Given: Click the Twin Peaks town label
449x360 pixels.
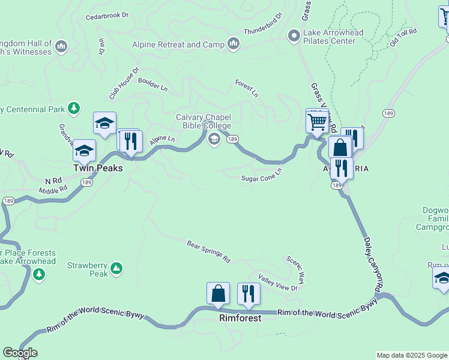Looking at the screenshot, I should (x=98, y=169).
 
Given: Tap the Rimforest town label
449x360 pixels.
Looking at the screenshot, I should (x=240, y=318).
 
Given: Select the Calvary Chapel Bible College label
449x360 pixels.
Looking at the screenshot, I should (x=203, y=121).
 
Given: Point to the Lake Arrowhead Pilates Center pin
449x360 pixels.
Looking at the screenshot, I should (x=294, y=37).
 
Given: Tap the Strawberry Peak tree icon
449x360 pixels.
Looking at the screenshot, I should (x=117, y=268).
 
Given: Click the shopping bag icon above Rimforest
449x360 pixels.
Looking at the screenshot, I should (x=218, y=293).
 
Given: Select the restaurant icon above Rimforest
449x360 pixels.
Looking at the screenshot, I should (x=249, y=293).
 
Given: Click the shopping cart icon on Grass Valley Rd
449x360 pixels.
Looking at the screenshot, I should (x=316, y=122).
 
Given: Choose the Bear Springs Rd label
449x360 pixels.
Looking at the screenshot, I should (x=208, y=251).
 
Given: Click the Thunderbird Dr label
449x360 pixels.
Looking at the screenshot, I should (x=263, y=24).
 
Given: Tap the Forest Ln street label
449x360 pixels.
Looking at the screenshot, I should (x=246, y=89).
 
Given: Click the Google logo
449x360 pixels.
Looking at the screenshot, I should (x=20, y=353).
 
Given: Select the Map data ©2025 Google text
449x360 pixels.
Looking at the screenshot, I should (x=412, y=355).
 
